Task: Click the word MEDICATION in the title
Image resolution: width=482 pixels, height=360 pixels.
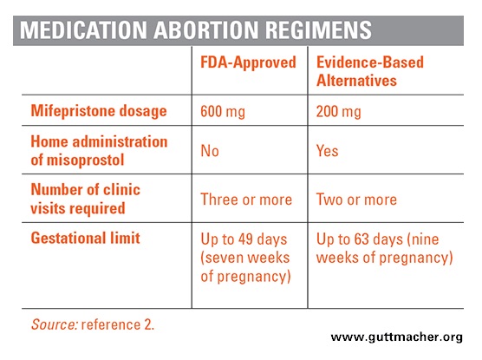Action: (83, 30)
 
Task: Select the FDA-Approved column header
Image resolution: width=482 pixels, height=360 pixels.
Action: (248, 62)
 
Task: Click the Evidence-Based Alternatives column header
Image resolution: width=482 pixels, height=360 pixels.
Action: (370, 71)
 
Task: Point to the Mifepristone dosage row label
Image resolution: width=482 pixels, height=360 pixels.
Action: (99, 111)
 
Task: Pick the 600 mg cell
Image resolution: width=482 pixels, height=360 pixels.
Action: (223, 111)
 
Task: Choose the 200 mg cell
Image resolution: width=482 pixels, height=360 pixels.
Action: (338, 111)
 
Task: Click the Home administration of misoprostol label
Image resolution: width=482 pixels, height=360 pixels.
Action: (99, 151)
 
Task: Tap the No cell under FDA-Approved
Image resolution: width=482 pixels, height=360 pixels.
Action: (210, 151)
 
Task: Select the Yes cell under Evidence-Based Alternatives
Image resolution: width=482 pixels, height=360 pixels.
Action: (328, 151)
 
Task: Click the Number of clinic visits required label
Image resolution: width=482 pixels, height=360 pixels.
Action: (86, 199)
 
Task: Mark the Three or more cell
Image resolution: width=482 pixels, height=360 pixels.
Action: (246, 200)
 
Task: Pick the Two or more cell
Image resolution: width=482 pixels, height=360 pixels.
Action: (356, 200)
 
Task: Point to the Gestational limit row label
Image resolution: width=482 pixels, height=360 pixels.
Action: (86, 238)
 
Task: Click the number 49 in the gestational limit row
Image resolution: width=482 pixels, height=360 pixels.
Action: (245, 239)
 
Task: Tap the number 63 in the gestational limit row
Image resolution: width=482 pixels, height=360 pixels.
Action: (361, 239)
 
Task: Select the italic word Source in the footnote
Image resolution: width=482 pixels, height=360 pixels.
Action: (55, 324)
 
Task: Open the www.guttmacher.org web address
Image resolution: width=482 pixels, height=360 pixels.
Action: (396, 337)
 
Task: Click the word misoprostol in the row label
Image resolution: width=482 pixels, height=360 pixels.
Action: (85, 160)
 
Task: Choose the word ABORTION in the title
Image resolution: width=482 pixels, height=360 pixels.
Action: (206, 30)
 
